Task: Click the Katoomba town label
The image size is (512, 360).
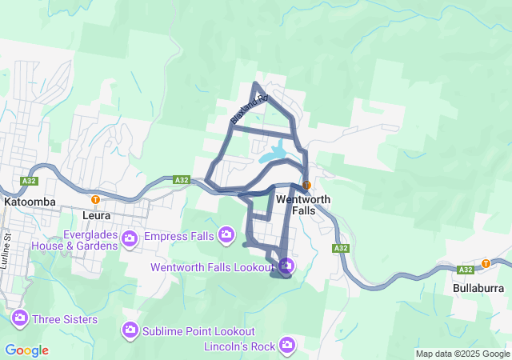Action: [30, 202]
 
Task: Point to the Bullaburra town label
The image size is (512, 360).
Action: [478, 287]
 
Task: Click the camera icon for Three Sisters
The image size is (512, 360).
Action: [20, 319]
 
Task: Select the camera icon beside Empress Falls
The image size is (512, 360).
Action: [132, 237]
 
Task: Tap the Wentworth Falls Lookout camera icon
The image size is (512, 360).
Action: [286, 266]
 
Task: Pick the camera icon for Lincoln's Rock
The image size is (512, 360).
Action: [287, 346]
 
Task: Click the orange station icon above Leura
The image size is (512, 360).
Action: [95, 199]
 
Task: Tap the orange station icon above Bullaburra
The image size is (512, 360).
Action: [486, 264]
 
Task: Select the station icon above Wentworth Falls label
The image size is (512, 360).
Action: [306, 185]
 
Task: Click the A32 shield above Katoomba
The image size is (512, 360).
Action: [30, 181]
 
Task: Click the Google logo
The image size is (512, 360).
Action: [26, 350]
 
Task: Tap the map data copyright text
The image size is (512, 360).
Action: [462, 354]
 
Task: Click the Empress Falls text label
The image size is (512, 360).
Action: [179, 237]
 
